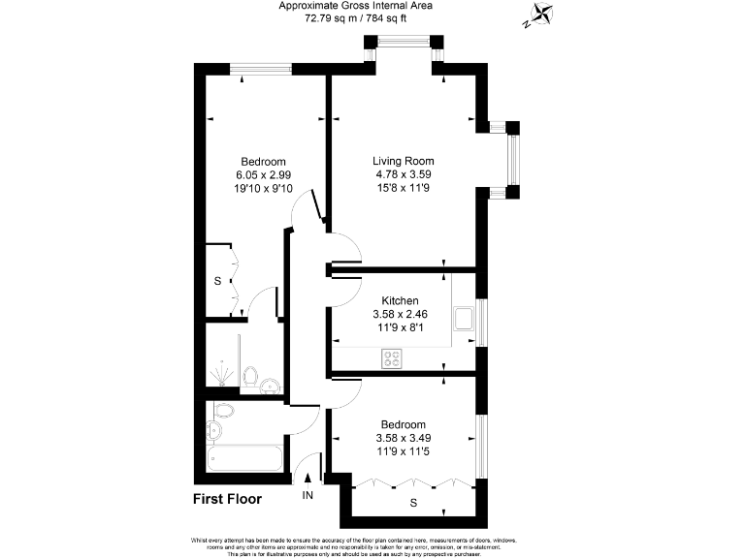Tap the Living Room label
click(404, 161)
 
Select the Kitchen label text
click(399, 301)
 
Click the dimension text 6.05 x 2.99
click(263, 174)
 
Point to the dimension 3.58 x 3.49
click(403, 438)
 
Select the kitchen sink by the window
click(465, 319)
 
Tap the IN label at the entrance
click(308, 496)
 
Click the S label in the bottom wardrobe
click(412, 503)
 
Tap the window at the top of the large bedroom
click(261, 68)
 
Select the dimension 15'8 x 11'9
click(404, 188)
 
